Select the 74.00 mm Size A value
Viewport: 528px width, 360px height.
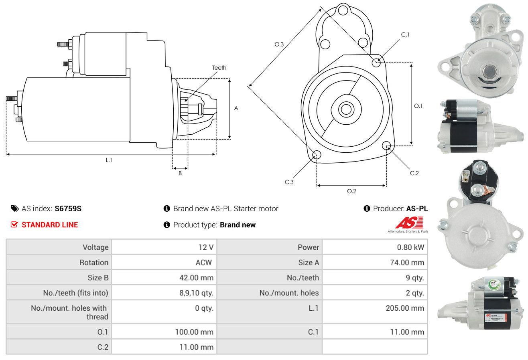click(407, 262)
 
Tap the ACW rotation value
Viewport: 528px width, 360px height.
click(204, 262)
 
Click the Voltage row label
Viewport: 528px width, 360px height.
click(95, 247)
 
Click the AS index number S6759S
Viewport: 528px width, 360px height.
click(68, 208)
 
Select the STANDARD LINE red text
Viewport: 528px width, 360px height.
click(50, 225)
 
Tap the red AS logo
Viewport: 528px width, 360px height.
click(409, 222)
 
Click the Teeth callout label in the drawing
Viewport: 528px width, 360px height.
click(219, 68)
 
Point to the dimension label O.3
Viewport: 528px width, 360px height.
click(279, 44)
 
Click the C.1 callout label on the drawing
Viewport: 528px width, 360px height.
click(405, 34)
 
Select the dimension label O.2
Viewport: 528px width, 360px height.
click(351, 191)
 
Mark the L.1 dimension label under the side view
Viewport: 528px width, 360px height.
click(109, 160)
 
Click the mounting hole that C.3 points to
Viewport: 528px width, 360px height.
click(317, 155)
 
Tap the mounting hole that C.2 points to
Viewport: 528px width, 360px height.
click(386, 146)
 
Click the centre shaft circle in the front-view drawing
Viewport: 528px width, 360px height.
click(346, 109)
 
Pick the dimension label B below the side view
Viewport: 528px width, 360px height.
click(180, 173)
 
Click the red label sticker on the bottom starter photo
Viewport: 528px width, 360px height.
click(495, 318)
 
